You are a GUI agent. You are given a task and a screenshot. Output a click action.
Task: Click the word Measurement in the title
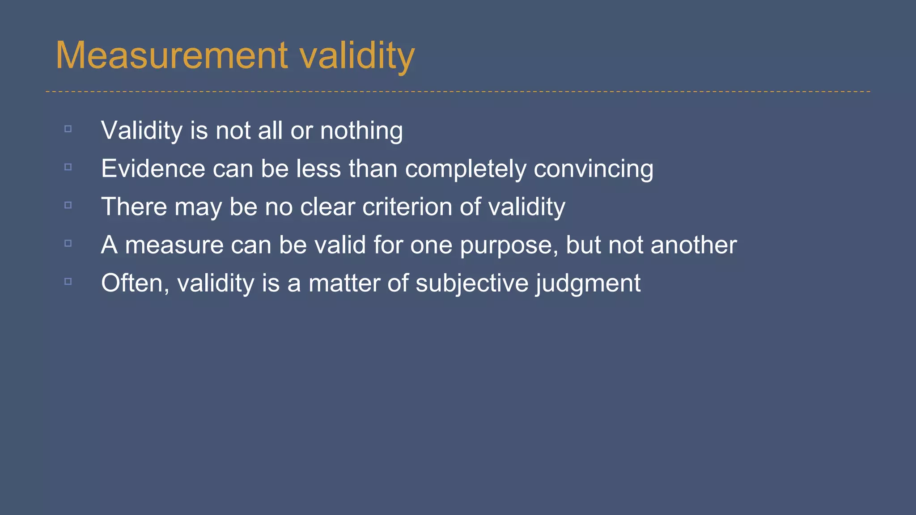172,55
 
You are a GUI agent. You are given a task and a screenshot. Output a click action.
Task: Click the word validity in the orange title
357,56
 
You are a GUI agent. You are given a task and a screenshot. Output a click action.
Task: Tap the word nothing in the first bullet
361,131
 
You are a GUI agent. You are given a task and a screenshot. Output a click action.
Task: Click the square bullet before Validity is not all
68,129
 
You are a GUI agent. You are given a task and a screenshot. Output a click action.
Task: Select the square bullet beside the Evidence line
68,167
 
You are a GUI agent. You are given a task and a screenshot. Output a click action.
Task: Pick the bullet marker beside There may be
68,205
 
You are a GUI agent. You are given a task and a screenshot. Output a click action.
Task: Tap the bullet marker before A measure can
68,243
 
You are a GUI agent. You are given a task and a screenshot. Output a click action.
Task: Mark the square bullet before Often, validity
68,281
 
